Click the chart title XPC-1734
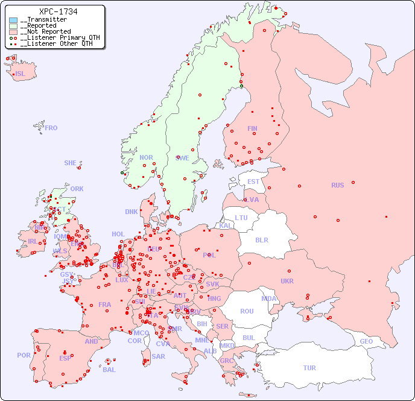tap(58, 11)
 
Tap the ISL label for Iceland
tap(21, 74)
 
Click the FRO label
tap(51, 128)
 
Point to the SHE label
tap(71, 163)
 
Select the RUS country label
tap(337, 185)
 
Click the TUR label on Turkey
tap(309, 368)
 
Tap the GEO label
tap(366, 341)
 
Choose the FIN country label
tap(252, 128)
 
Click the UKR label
tap(287, 281)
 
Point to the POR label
tap(24, 355)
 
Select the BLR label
tap(262, 239)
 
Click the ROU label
tap(247, 311)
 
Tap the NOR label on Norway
tap(146, 157)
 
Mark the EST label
tap(253, 182)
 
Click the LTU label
tap(241, 218)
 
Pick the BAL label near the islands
tap(109, 370)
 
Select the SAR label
tap(159, 356)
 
